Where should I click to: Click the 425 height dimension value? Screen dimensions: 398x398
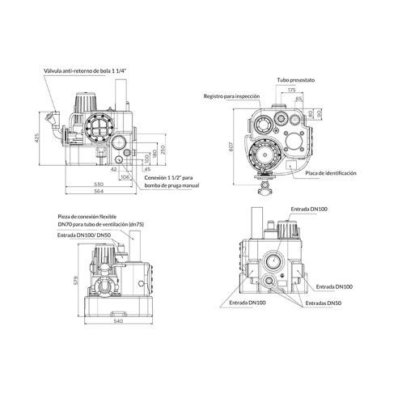37,138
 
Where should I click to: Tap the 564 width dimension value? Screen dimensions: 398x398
99,191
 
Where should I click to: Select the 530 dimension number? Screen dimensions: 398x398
99,184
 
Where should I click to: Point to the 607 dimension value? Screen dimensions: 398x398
231,146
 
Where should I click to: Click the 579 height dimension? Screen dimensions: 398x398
76,280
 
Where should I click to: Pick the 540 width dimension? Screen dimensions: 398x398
118,321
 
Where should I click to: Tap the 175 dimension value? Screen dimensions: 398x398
291,90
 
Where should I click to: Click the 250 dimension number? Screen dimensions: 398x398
163,150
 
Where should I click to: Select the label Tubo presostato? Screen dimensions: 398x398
296,80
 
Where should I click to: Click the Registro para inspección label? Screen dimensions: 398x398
231,96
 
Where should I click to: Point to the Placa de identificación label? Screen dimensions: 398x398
331,173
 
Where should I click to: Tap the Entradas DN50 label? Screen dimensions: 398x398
324,303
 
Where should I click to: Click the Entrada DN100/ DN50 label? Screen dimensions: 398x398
84,235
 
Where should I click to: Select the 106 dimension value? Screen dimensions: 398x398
125,177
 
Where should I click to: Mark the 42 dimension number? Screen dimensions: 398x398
114,169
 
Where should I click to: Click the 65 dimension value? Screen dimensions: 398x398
298,99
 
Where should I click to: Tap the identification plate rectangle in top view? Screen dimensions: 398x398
291,165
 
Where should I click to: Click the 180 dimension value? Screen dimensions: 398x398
155,154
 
